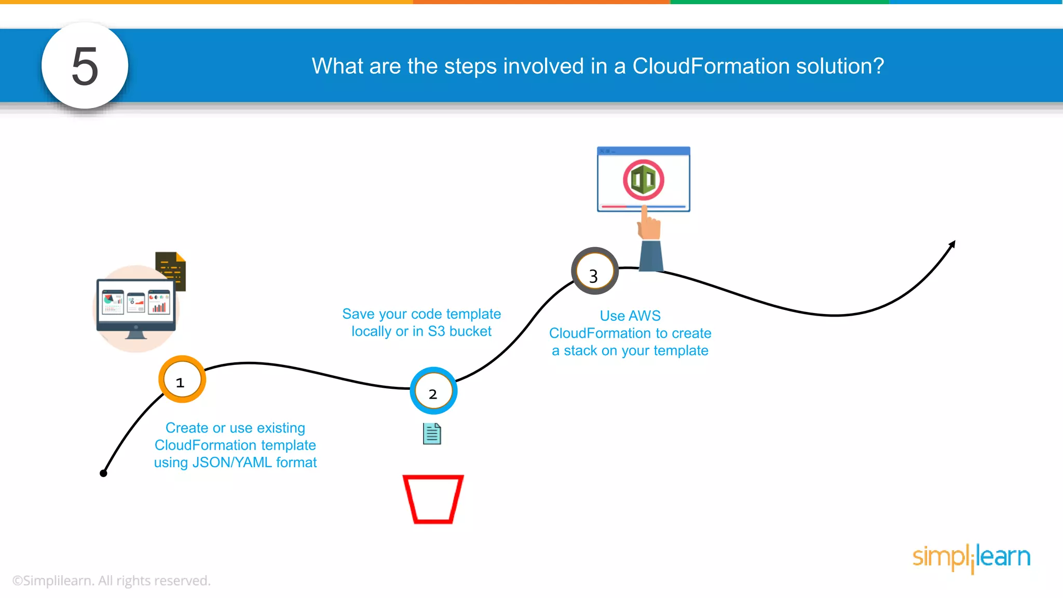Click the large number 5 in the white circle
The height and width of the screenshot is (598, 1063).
point(85,66)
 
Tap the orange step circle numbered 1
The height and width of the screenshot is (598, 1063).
point(182,379)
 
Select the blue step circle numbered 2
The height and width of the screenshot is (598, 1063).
point(433,391)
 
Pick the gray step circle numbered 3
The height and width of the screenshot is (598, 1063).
point(594,271)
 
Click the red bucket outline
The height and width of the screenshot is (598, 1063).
point(433,499)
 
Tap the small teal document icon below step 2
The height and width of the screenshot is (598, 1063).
point(432,434)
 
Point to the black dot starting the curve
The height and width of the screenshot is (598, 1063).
point(103,473)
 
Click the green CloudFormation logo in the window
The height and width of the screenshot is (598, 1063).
point(644,180)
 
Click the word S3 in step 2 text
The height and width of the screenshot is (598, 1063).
point(436,331)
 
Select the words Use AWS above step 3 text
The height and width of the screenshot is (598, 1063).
point(630,316)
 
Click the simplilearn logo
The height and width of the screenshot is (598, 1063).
point(971,558)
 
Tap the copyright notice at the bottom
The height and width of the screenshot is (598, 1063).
point(111,580)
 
